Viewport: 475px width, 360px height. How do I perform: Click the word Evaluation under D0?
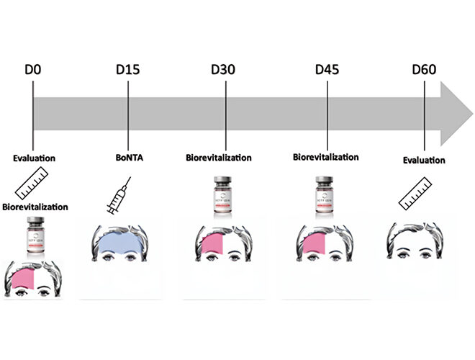click(34, 157)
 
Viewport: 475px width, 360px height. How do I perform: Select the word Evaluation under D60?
click(424, 160)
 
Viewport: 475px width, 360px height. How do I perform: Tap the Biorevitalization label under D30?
click(218, 157)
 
